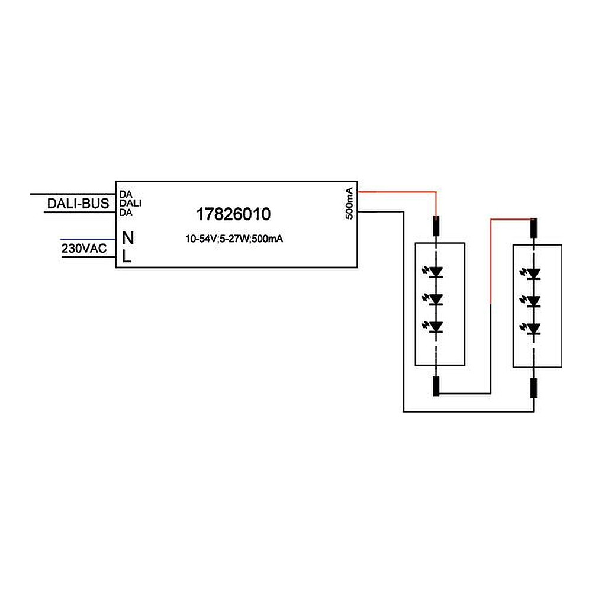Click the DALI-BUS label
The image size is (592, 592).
click(x=78, y=204)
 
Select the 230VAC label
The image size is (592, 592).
click(x=84, y=249)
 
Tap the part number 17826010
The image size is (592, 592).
click(x=233, y=214)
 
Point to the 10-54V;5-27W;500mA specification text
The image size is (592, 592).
click(x=234, y=239)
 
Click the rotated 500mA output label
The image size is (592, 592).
click(x=349, y=203)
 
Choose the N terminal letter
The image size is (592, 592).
click(x=128, y=238)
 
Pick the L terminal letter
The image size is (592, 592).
click(x=127, y=257)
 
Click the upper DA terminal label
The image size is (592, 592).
click(x=126, y=194)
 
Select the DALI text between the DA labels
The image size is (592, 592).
click(x=130, y=203)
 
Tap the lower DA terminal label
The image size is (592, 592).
click(x=126, y=213)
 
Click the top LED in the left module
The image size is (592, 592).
click(x=433, y=272)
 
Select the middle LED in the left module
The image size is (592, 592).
click(x=433, y=300)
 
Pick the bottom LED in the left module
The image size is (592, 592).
click(x=433, y=327)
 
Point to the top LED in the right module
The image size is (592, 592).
click(x=531, y=274)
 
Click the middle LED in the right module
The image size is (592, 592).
click(x=531, y=301)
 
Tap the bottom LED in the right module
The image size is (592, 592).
click(x=531, y=329)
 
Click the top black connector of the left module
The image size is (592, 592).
click(x=436, y=226)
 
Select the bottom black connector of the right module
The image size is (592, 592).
click(x=533, y=388)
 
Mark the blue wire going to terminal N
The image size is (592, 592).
click(x=88, y=239)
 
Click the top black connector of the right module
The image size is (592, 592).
click(x=533, y=228)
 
